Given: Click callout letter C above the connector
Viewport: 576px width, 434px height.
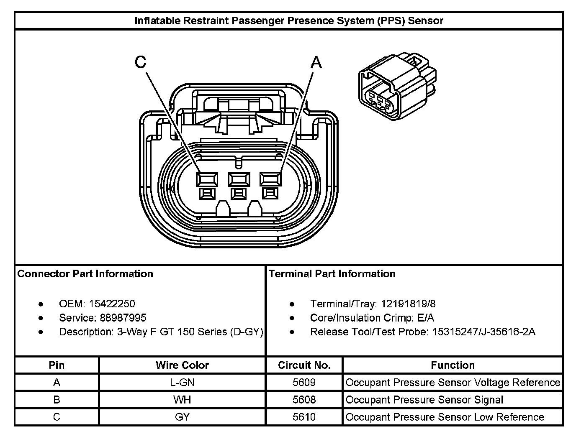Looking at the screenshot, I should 141,62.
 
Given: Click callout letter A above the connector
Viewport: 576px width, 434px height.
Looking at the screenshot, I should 316,62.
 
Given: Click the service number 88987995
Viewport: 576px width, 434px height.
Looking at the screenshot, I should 123,318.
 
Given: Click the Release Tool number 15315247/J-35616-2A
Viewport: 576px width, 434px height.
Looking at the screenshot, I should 483,332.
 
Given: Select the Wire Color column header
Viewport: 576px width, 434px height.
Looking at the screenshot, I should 182,365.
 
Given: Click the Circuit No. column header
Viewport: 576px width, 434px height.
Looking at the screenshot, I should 304,365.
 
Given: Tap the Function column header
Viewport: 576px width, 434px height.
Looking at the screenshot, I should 453,365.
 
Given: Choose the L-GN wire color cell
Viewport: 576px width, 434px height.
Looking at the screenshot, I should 182,382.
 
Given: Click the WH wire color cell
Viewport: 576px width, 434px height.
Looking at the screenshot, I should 182,400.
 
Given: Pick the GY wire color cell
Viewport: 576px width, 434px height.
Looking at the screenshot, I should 182,417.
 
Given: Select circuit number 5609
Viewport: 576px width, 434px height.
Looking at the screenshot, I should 304,382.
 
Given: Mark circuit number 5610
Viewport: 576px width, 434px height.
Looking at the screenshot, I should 304,417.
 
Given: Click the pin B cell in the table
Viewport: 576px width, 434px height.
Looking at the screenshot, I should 57,400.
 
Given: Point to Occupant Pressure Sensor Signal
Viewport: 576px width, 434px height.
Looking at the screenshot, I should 424,400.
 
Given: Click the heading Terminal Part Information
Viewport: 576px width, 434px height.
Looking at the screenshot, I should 332,274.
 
